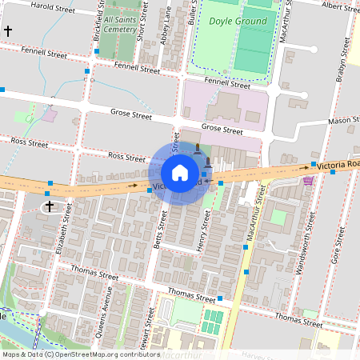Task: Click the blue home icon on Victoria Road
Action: pyautogui.click(x=179, y=173)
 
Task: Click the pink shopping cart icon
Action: pyautogui.click(x=308, y=180)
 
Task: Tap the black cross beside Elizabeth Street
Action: pyautogui.click(x=50, y=206)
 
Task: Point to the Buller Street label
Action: pyautogui.click(x=192, y=11)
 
